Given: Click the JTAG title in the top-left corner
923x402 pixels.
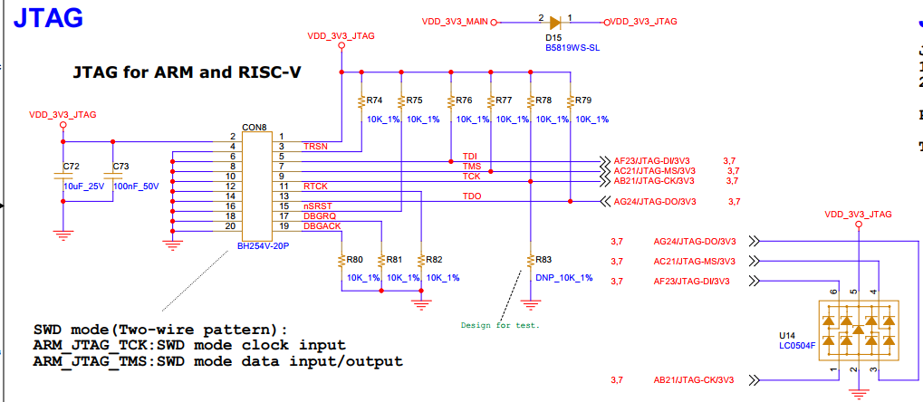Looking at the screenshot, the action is pos(48,18).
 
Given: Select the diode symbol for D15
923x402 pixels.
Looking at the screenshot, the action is pos(554,23).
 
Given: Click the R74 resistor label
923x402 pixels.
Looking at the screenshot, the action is pos(374,100).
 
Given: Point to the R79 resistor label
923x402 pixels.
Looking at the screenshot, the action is pos(584,100).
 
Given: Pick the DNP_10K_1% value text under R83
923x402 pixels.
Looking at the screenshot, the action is pos(564,278).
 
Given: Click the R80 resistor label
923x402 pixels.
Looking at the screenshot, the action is pos(355,259).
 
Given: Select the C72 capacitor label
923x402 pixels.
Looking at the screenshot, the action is pos(71,167).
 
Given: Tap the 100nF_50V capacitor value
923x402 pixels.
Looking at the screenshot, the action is pos(135,186).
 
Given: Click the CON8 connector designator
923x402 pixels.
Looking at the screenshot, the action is pos(255,127).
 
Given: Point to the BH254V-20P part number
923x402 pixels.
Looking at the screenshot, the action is pos(262,246).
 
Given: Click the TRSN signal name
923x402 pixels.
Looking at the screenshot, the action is pos(314,146).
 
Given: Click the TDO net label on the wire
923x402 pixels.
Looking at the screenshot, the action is pos(473,196).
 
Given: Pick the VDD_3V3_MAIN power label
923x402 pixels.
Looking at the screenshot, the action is pos(456,22).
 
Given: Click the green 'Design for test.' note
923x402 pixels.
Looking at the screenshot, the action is pos(500,325).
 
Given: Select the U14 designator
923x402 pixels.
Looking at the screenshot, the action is pos(787,336).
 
